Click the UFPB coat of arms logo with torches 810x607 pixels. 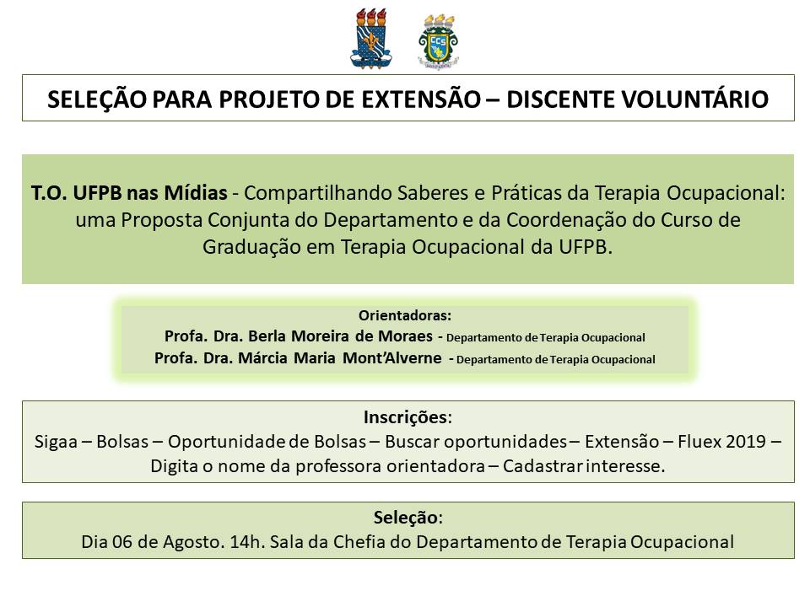click(371, 39)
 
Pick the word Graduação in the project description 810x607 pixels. click(244, 246)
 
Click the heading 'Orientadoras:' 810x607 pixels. click(405, 316)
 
